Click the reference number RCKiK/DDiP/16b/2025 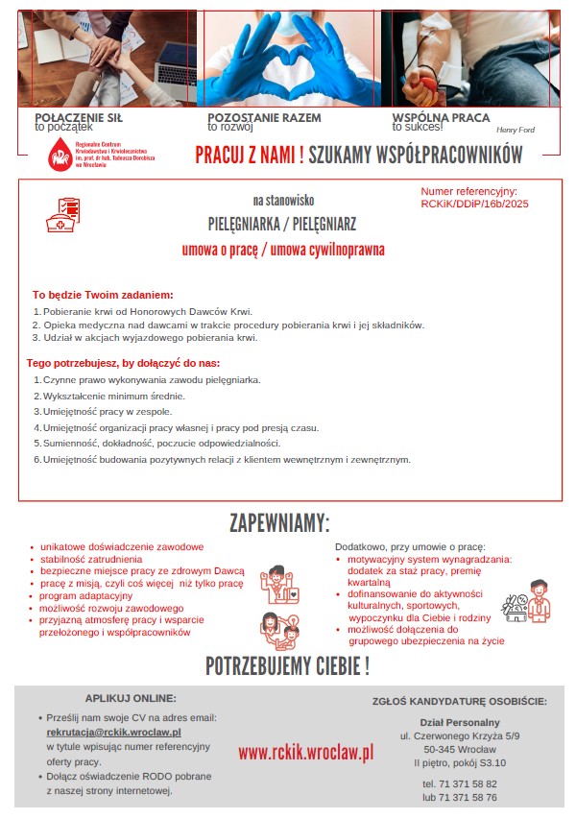pyautogui.click(x=474, y=204)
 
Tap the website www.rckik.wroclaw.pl pyautogui.click(x=305, y=752)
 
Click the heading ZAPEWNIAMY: pyautogui.click(x=279, y=523)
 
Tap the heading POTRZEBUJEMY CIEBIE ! pyautogui.click(x=287, y=666)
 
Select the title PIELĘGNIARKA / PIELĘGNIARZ pyautogui.click(x=282, y=225)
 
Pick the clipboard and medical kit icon pyautogui.click(x=64, y=214)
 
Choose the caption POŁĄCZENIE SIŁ pyautogui.click(x=78, y=117)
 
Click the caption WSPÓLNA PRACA pyautogui.click(x=441, y=117)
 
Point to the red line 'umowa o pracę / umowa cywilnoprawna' pyautogui.click(x=283, y=251)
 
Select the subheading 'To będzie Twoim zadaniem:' pyautogui.click(x=103, y=294)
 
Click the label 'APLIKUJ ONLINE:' pyautogui.click(x=131, y=698)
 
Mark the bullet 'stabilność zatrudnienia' pyautogui.click(x=91, y=558)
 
